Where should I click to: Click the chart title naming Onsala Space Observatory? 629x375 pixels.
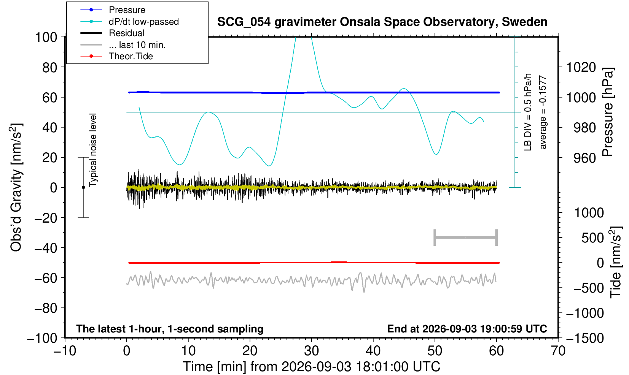382,22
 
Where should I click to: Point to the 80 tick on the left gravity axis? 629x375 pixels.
50,67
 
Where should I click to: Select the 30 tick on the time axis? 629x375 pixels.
311,351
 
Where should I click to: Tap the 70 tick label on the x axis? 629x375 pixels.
558,351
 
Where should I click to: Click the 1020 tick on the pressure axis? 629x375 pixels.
581,67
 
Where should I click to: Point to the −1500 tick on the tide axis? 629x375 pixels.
585,338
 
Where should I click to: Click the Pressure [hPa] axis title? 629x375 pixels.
608,112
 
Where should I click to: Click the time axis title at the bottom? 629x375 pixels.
311,367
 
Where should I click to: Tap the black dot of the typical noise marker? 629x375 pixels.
83,187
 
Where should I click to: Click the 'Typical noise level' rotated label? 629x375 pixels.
93,150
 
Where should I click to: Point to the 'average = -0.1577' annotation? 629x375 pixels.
543,112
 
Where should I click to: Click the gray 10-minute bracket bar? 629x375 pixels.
466,237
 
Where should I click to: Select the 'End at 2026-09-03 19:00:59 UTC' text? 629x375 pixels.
467,329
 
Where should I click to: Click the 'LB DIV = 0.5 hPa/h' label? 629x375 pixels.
528,112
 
